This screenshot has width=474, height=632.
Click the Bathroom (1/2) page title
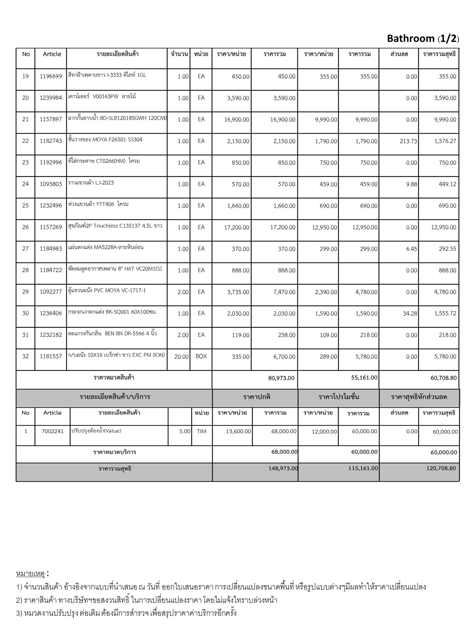[423, 39]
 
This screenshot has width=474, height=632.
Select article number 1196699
[51, 76]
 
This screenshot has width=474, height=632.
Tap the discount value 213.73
[408, 141]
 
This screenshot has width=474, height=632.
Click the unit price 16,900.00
[237, 119]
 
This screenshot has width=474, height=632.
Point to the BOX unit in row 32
[201, 356]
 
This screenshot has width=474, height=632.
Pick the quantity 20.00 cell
[181, 356]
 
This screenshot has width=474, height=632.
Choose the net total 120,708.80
[441, 468]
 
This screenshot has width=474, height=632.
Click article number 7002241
[52, 431]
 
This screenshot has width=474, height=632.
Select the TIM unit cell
[202, 431]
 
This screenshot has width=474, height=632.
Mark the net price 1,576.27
[445, 141]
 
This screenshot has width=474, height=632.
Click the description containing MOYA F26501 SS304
[105, 139]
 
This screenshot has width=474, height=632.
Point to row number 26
[26, 227]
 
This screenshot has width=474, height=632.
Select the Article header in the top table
[52, 54]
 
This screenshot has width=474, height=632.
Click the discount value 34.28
[410, 313]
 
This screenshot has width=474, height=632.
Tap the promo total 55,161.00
[364, 377]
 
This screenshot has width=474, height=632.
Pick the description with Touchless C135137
[115, 226]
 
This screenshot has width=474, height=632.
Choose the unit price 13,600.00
[238, 431]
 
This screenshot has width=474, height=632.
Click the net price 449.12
[447, 184]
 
